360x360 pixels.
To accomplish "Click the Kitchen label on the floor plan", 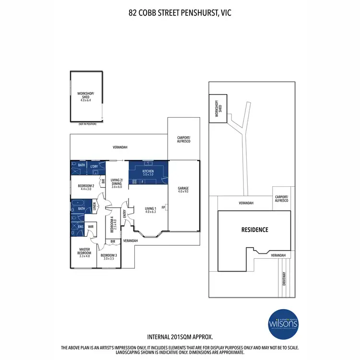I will point(147,171).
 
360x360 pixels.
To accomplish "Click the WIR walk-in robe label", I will point(90,226).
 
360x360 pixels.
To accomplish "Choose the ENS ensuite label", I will point(80,226).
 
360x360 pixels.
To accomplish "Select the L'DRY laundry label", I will point(95,166).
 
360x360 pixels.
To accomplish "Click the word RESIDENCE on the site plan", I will point(254,229).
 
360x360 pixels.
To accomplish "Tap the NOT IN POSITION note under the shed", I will point(88,124).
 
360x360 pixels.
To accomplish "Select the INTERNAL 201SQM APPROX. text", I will point(180,337).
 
